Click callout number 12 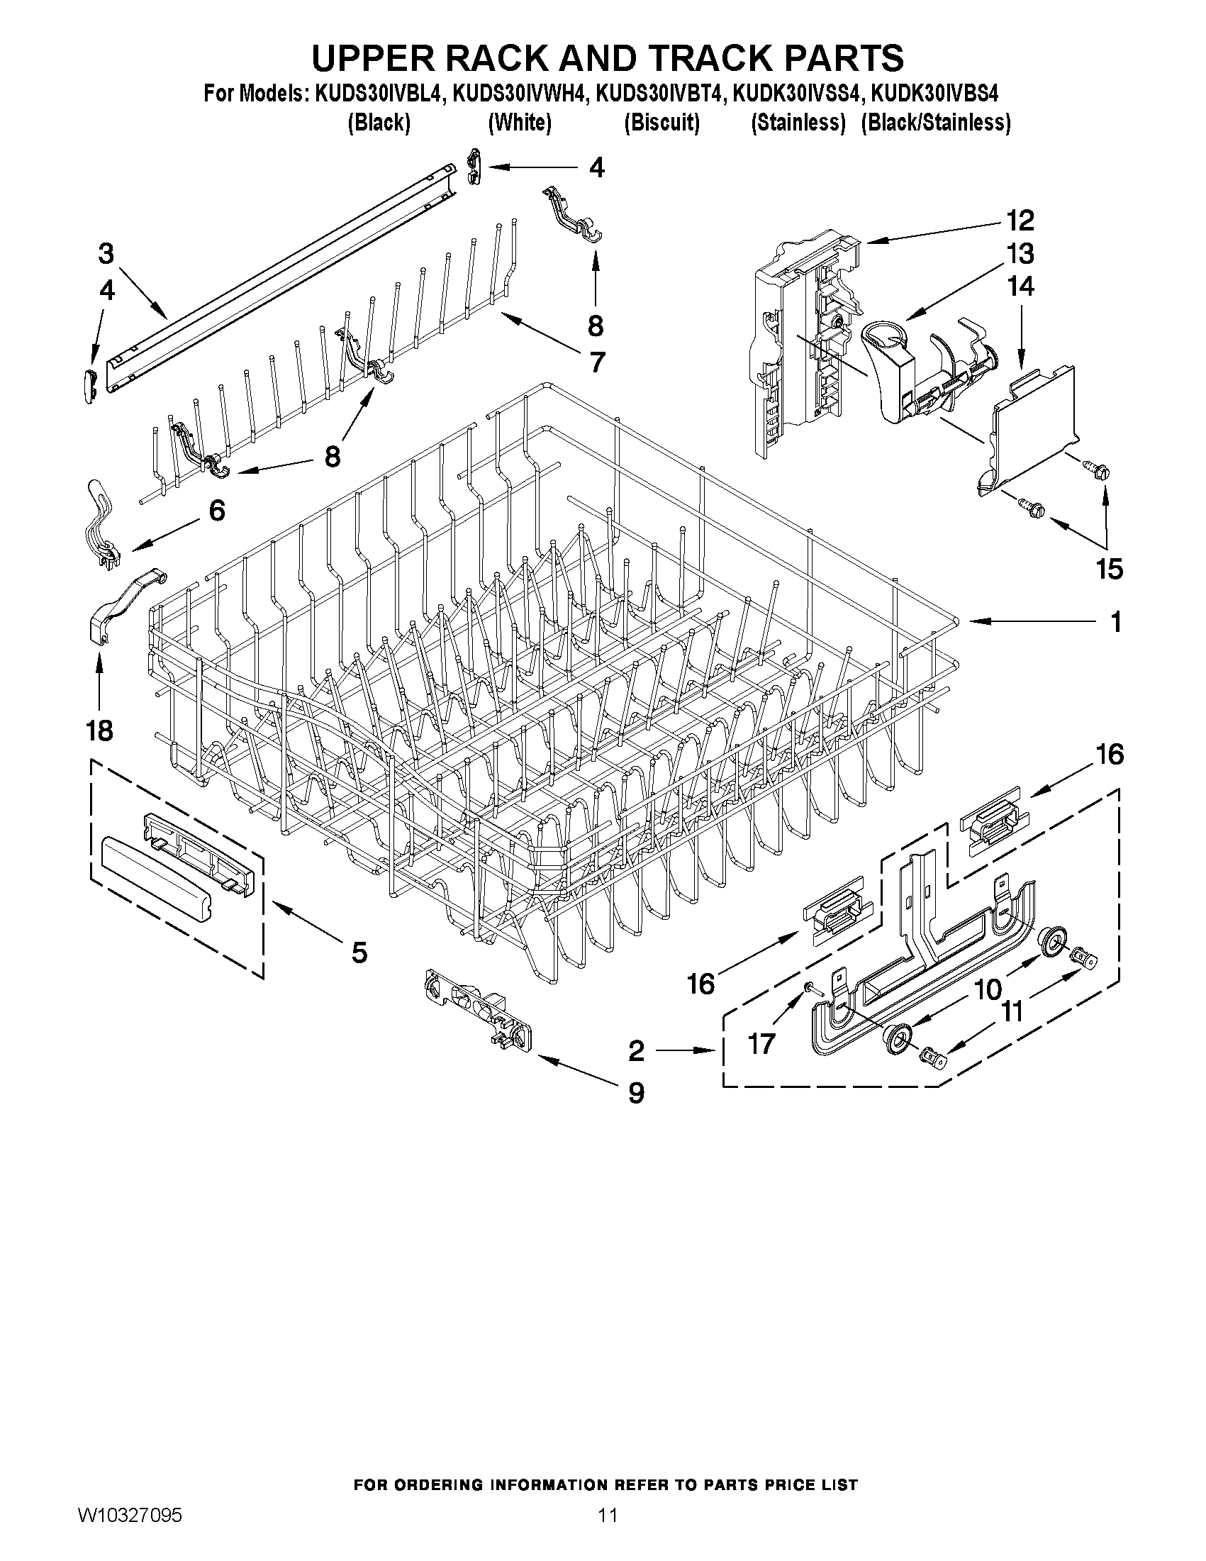pos(1020,221)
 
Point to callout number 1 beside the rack pos(1115,623)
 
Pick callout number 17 pos(761,1044)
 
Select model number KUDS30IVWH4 pos(518,94)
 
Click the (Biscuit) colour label pos(661,123)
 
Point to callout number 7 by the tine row pos(596,362)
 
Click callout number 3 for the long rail pos(106,254)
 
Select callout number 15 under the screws pos(1110,569)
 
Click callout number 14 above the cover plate pos(1020,287)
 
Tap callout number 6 pos(216,511)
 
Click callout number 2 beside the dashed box pos(636,1050)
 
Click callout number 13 pos(1020,254)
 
